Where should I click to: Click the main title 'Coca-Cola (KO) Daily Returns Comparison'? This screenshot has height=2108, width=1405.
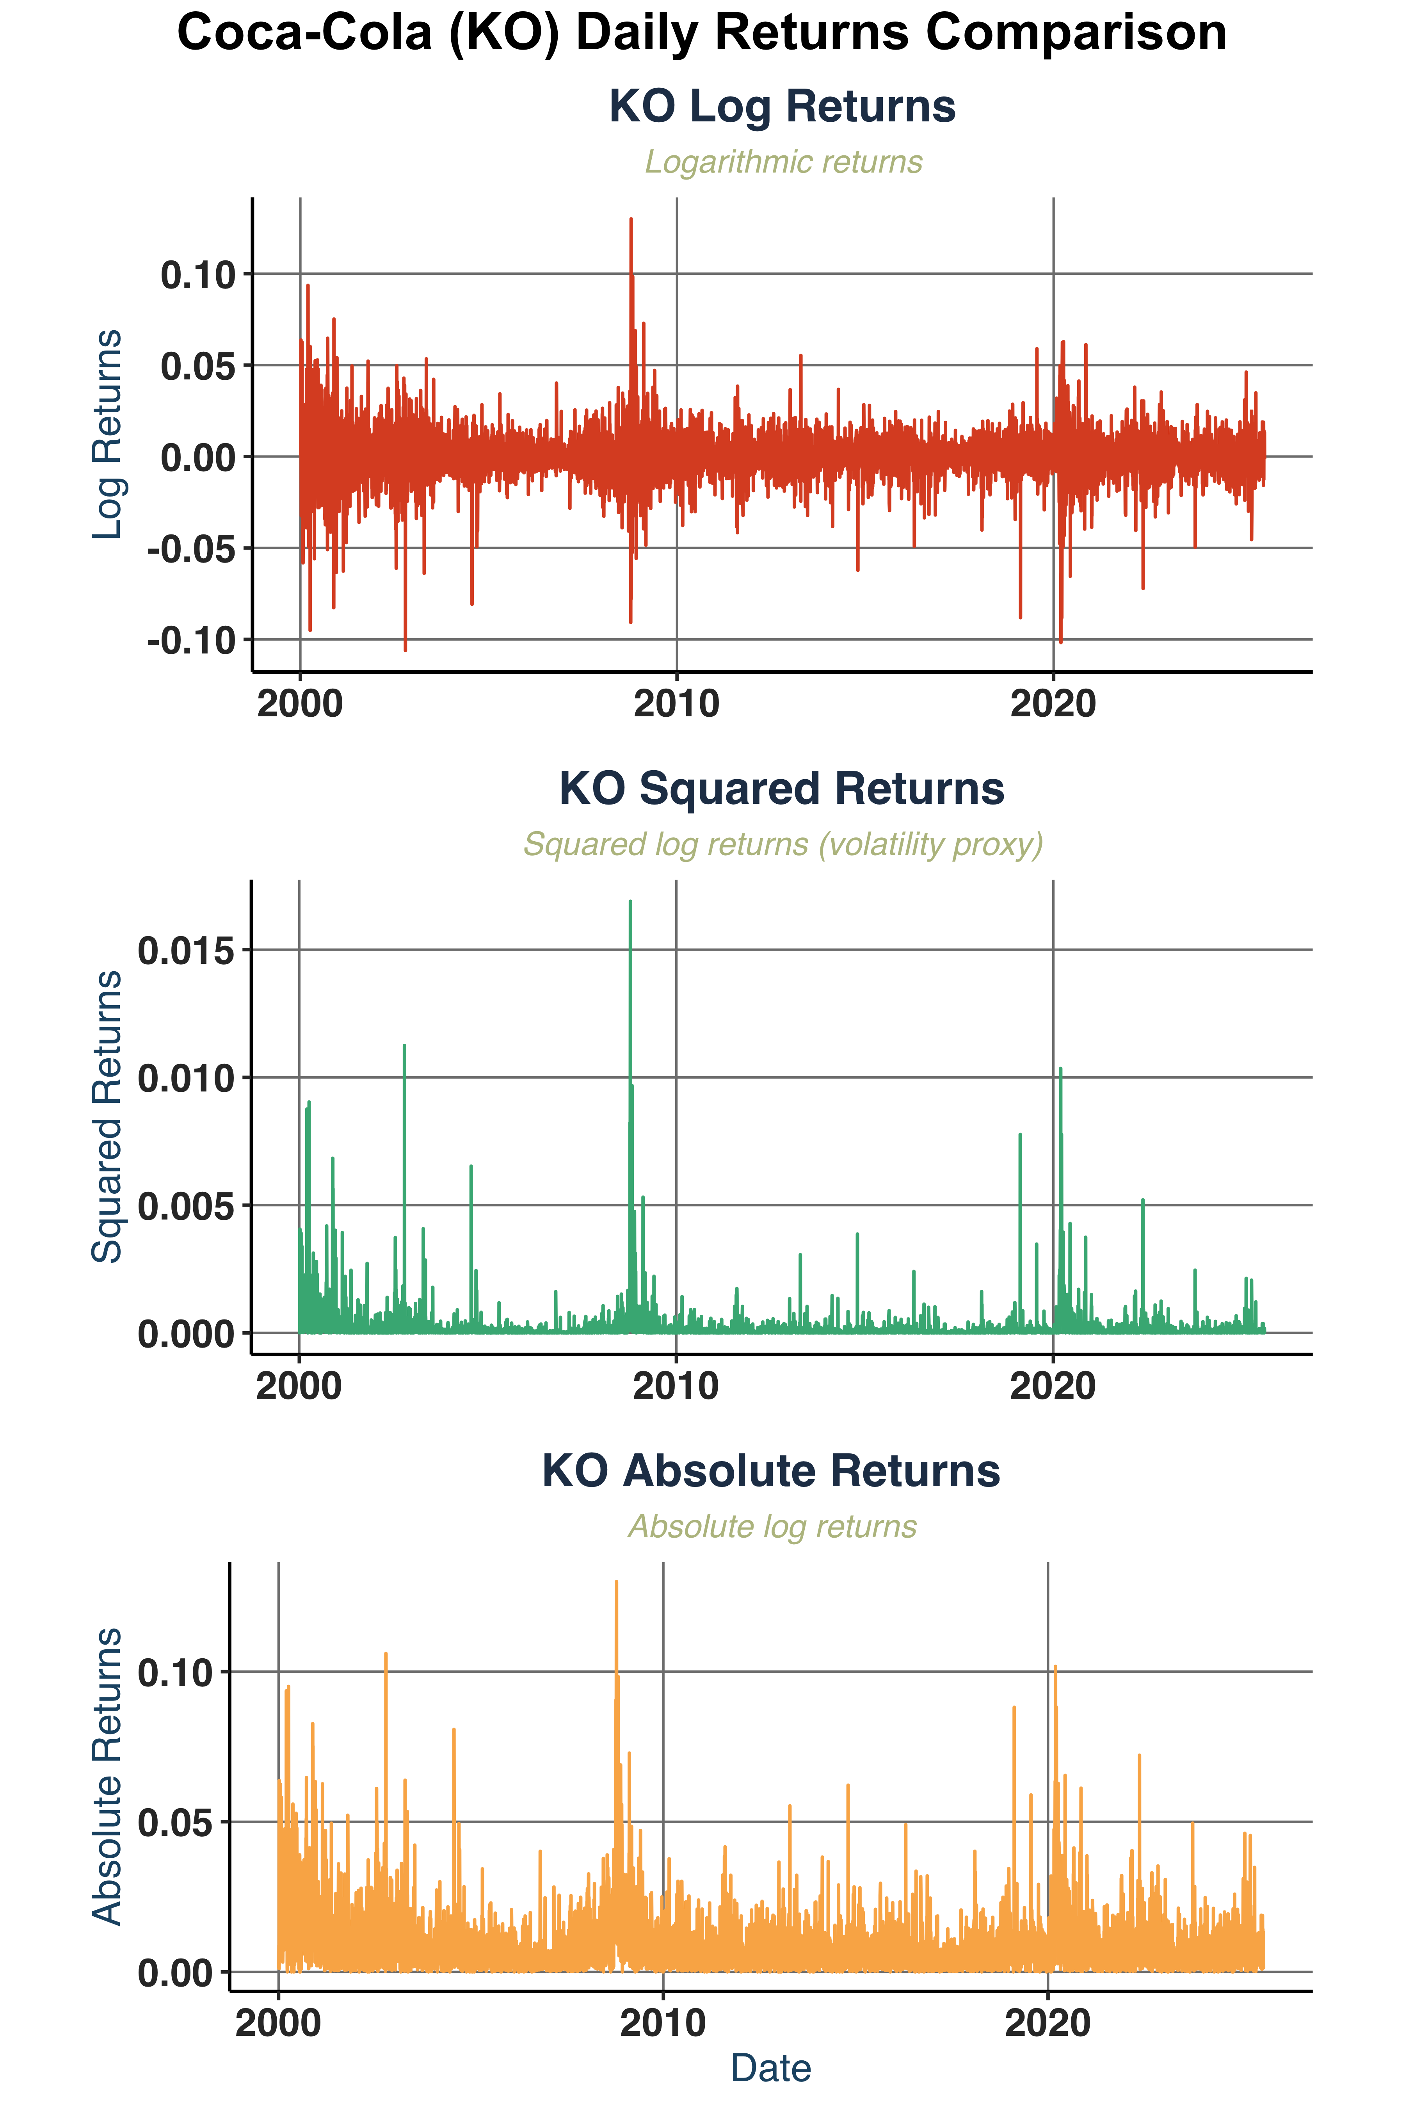(702, 34)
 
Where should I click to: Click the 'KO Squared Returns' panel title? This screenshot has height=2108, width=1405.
(781, 789)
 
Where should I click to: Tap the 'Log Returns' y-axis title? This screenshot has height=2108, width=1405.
(108, 435)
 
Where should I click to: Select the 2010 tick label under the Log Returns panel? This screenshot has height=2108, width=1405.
(676, 705)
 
